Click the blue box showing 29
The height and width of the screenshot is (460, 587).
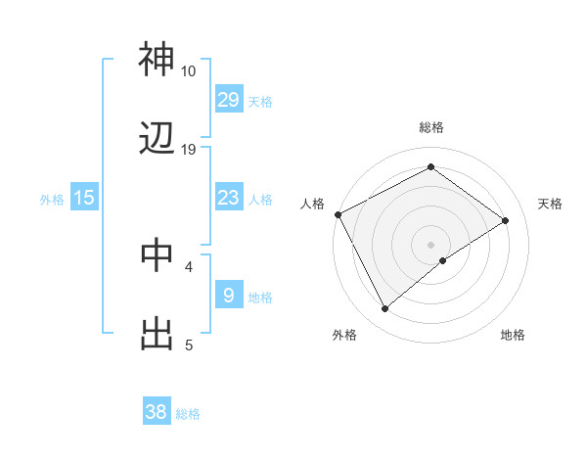pyautogui.click(x=229, y=99)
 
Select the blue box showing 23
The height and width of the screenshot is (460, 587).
pyautogui.click(x=229, y=198)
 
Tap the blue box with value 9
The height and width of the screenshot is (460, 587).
pyautogui.click(x=229, y=294)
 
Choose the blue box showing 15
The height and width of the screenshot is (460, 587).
pyautogui.click(x=84, y=198)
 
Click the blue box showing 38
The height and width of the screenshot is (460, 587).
pyautogui.click(x=157, y=412)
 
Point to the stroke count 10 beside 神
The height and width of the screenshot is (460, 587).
pyautogui.click(x=189, y=70)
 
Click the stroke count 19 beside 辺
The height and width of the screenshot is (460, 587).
pyautogui.click(x=189, y=150)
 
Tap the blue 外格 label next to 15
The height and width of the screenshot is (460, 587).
pyautogui.click(x=52, y=199)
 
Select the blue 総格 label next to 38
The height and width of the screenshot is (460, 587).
pyautogui.click(x=188, y=413)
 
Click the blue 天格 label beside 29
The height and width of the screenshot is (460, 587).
pyautogui.click(x=260, y=100)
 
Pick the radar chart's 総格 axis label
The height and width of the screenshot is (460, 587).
pyautogui.click(x=430, y=127)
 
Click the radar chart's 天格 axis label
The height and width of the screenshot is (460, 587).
pyautogui.click(x=551, y=204)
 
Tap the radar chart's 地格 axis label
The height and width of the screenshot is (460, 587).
pyautogui.click(x=513, y=335)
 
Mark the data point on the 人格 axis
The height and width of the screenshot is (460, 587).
pyautogui.click(x=338, y=214)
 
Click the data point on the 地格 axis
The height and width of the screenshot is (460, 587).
pyautogui.click(x=443, y=260)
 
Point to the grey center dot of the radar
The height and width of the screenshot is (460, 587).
pyautogui.click(x=430, y=244)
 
